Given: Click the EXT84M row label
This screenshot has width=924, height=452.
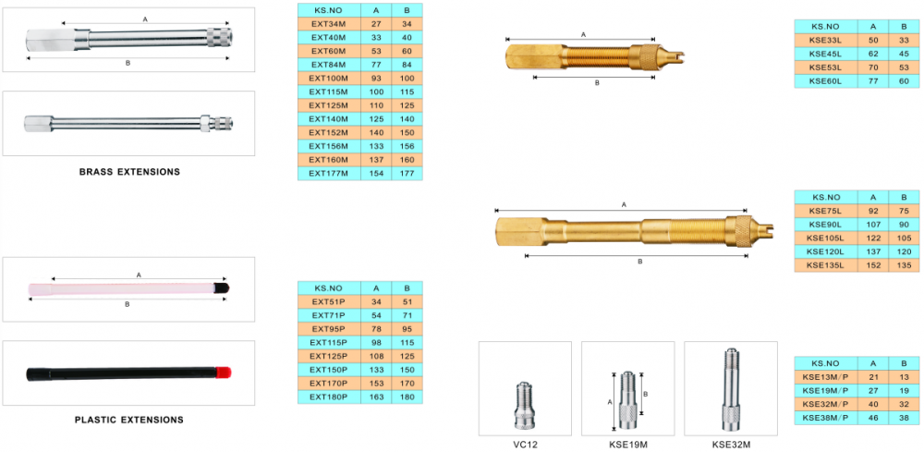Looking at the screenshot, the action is pyautogui.click(x=328, y=64).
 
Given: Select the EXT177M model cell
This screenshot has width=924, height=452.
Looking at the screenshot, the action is pyautogui.click(x=328, y=173).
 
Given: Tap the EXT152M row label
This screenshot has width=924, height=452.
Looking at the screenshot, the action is pyautogui.click(x=328, y=132).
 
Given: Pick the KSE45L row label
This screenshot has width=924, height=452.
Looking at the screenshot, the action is pyautogui.click(x=825, y=54).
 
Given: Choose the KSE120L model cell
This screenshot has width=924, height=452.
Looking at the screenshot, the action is pyautogui.click(x=825, y=251).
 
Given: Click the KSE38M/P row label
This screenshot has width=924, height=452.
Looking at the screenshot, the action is pyautogui.click(x=825, y=418).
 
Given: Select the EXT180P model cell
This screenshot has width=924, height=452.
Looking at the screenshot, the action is pyautogui.click(x=328, y=397).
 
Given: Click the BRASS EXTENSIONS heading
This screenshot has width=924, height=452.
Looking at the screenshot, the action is pyautogui.click(x=129, y=172).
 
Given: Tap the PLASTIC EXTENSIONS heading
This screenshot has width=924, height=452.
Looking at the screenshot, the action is pyautogui.click(x=129, y=421).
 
